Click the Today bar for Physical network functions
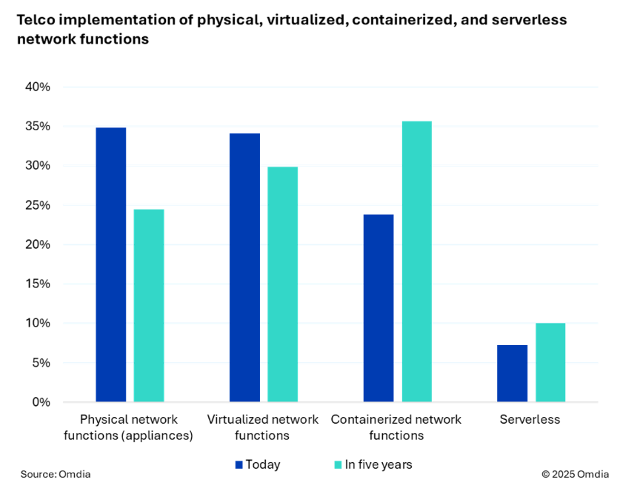[111, 265]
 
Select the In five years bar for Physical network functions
[149, 306]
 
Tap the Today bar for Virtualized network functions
[244, 268]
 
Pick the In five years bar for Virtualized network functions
[282, 284]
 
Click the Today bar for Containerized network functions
[379, 308]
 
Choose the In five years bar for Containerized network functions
[416, 261]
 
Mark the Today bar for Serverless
[513, 373]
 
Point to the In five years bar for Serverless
[550, 363]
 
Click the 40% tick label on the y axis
[36, 87]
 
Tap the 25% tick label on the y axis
[36, 205]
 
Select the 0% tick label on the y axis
[40, 402]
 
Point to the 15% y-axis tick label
[36, 284]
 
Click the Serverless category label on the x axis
[530, 420]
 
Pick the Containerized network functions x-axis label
[396, 427]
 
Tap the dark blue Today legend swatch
[239, 465]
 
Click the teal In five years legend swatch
[339, 465]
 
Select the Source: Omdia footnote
[56, 474]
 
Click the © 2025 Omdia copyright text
[575, 474]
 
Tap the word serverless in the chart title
[530, 20]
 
